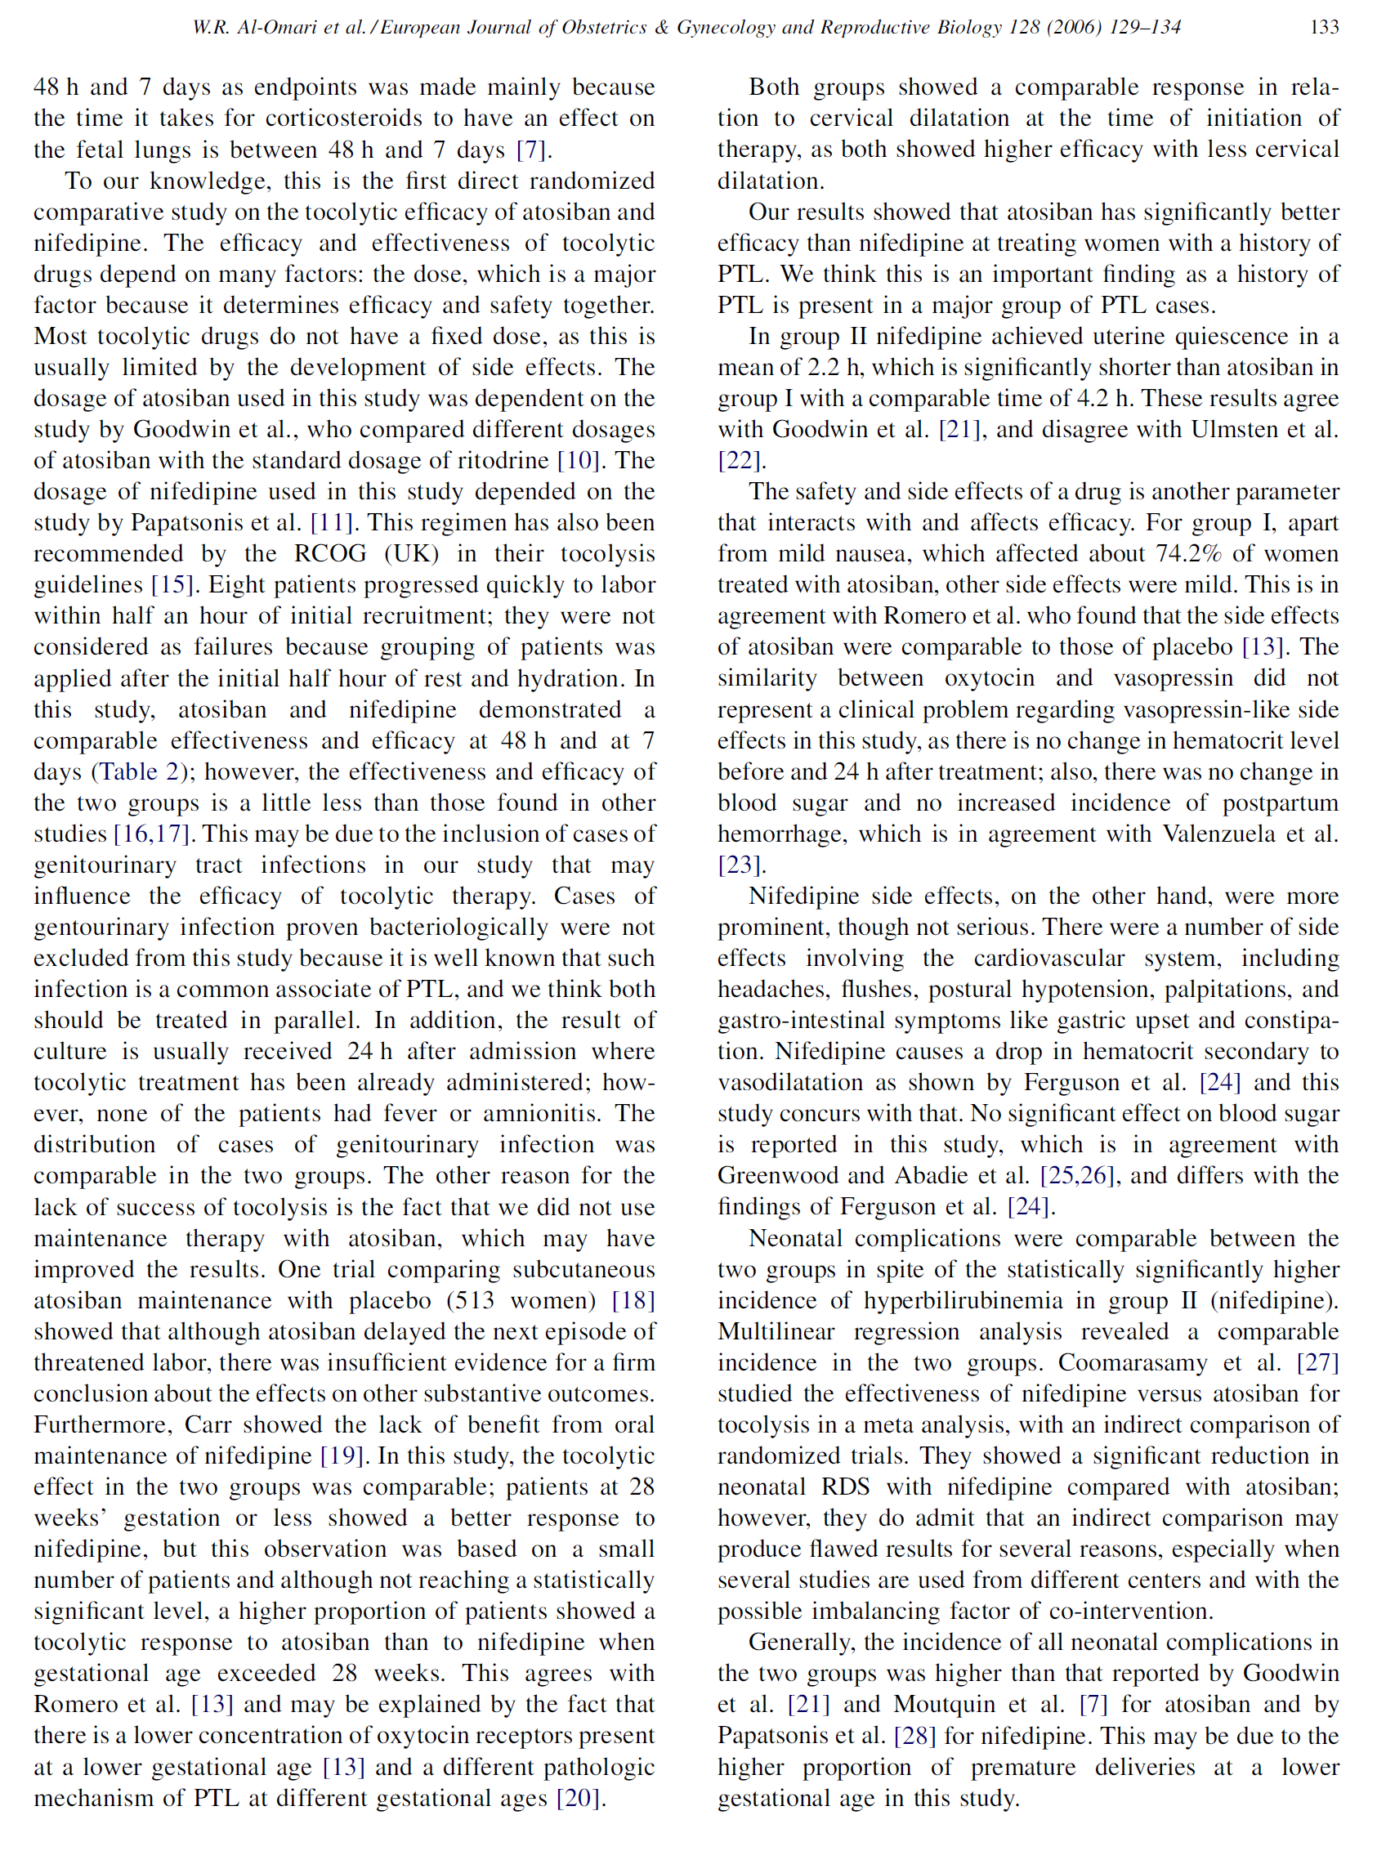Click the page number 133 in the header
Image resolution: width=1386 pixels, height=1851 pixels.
coord(1324,28)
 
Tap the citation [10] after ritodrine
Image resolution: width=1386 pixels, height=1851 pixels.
coord(579,460)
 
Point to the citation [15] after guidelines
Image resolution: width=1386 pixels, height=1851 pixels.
coord(172,585)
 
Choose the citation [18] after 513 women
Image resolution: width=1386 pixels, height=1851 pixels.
coord(633,1300)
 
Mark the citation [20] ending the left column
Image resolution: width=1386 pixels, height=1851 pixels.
coord(579,1798)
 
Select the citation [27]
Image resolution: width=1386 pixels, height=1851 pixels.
coord(1318,1362)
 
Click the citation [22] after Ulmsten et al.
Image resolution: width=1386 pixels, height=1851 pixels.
coord(739,460)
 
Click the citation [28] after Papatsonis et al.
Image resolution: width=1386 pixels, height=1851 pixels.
coord(915,1737)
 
